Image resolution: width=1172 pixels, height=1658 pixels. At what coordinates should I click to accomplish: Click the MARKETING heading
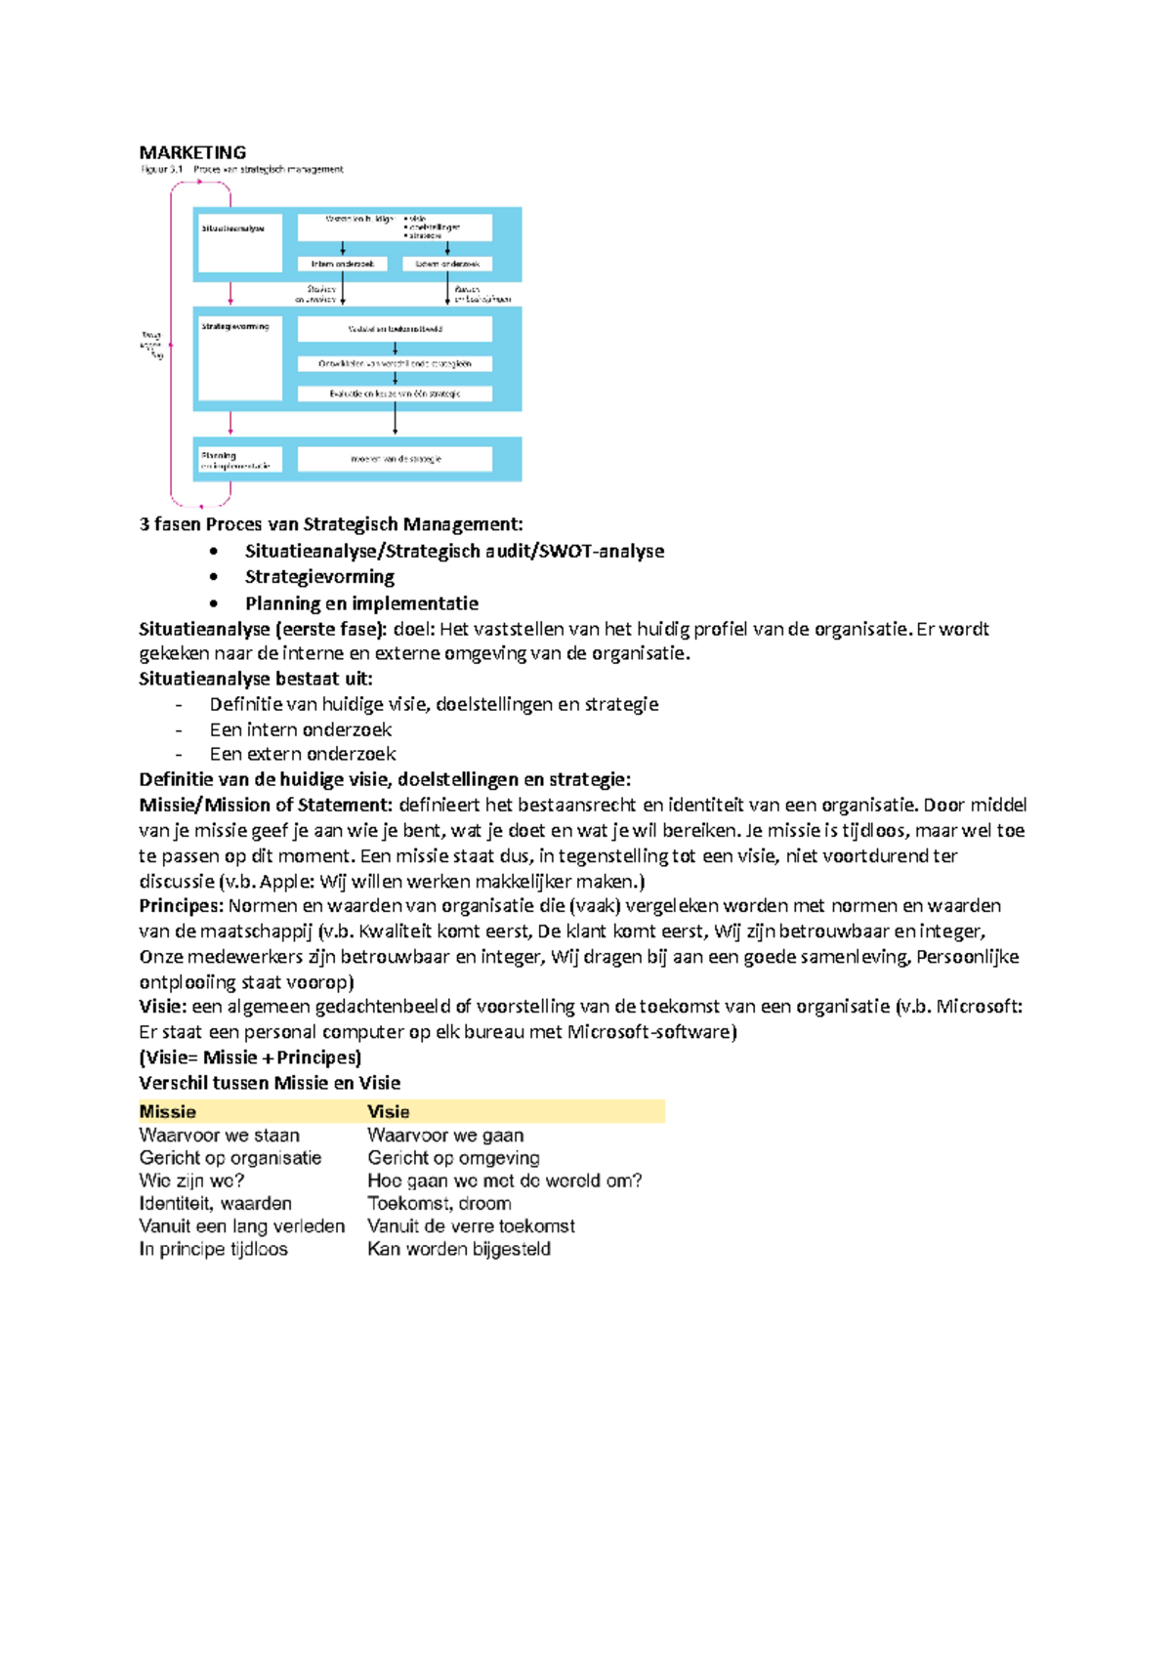[192, 152]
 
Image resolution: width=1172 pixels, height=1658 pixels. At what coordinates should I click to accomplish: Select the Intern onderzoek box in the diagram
[342, 264]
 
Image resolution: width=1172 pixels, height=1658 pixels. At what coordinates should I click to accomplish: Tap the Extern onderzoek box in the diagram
[447, 264]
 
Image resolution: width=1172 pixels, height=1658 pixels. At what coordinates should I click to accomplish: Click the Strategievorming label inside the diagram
[234, 326]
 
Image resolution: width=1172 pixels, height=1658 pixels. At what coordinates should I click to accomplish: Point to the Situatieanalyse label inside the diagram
[232, 228]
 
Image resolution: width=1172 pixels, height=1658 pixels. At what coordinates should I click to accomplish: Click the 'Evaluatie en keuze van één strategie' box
[395, 394]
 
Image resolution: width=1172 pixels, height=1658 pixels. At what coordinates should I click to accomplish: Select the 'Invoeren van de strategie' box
[395, 458]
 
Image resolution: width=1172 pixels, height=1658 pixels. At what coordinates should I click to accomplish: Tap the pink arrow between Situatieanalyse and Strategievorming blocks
[230, 294]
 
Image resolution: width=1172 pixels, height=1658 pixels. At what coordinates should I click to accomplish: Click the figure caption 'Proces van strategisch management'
[268, 169]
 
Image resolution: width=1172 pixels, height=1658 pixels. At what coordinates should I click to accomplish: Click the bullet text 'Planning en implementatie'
[361, 603]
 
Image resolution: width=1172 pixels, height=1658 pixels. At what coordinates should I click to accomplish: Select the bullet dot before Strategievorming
[214, 577]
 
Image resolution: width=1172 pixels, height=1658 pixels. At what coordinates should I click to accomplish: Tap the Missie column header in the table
[168, 1111]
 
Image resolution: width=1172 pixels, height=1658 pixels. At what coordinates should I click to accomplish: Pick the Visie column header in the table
[388, 1111]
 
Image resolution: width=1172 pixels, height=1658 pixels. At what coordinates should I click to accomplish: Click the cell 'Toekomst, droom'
[439, 1203]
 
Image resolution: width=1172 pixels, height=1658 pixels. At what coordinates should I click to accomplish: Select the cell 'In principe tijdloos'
[213, 1249]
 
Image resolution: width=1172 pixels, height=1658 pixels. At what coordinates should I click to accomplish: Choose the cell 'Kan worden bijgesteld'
[458, 1249]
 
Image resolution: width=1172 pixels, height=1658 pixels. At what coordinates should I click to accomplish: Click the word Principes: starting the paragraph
[182, 905]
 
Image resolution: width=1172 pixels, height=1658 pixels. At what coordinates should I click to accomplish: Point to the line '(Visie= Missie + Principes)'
[250, 1057]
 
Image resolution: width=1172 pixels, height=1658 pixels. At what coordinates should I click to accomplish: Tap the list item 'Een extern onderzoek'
[303, 754]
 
